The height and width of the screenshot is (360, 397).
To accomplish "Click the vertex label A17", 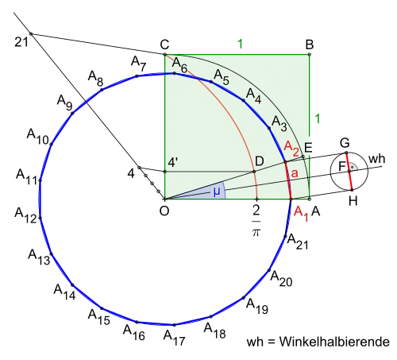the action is pos(174,338).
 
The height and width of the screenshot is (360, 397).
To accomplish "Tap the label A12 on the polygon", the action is pos(25,215).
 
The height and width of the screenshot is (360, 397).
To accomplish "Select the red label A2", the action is pos(291,149).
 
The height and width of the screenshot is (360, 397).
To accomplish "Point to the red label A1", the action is pos(301,214).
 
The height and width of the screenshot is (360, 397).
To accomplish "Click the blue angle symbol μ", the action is pos(217,192).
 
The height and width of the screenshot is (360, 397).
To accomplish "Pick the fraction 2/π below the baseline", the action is pos(256,221).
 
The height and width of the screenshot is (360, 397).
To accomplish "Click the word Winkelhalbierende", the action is pos(334,342).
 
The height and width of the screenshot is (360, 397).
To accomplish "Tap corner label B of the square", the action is pos(310,45).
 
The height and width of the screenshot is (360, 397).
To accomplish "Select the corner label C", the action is pos(164,45).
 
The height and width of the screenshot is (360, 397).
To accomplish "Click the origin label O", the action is pos(164,211).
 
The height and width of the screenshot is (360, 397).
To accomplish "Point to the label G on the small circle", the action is pos(345,143).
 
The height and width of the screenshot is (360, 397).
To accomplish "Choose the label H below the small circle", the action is pos(353,201).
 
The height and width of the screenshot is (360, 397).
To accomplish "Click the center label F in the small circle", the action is pos(342,167).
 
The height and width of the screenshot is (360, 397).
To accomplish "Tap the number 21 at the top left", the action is pos(21,42).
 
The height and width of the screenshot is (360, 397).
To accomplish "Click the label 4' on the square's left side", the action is pos(173,162).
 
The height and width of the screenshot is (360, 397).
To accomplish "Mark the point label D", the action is pos(260,161).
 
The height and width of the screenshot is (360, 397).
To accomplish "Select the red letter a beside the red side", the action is pos(295,173).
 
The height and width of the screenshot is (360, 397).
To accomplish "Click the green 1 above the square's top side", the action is pos(240,44).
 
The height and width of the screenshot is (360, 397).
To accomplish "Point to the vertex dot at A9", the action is pos(72,114).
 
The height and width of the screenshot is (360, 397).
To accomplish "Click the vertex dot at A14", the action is pos(72,285).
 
